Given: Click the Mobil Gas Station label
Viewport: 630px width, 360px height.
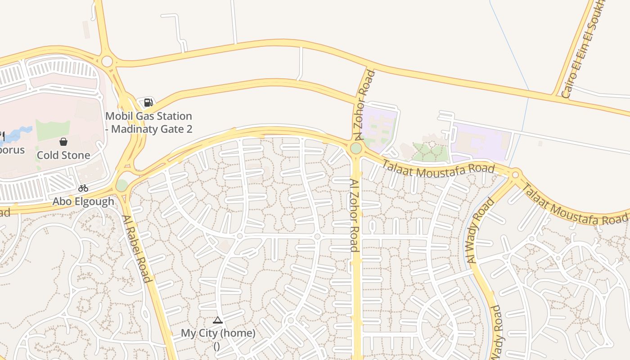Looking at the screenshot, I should click(148, 122).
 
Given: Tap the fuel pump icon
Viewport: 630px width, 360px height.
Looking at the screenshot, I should click(148, 103).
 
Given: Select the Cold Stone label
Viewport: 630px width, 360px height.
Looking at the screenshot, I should click(63, 155).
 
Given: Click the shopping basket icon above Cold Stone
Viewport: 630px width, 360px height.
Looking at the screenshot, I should click(63, 142).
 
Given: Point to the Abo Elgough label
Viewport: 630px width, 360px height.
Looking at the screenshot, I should click(83, 201).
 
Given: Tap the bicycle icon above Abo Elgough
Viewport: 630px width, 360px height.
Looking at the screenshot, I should click(83, 188).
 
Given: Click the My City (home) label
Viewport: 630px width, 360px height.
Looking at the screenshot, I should click(218, 333).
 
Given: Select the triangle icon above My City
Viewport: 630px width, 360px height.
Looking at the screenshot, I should click(218, 320).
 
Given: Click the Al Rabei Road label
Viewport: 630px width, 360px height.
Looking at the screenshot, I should click(136, 248).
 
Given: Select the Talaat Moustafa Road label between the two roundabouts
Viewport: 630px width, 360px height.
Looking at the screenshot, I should click(438, 171).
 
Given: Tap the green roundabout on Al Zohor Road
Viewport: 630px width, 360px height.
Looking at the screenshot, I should click(356, 148).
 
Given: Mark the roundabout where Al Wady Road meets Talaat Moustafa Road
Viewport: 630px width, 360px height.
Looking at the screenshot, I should click(516, 175).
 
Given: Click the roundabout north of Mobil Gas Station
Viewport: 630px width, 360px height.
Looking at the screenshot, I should click(107, 61).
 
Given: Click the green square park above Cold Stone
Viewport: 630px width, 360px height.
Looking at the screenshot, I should click(53, 130).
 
